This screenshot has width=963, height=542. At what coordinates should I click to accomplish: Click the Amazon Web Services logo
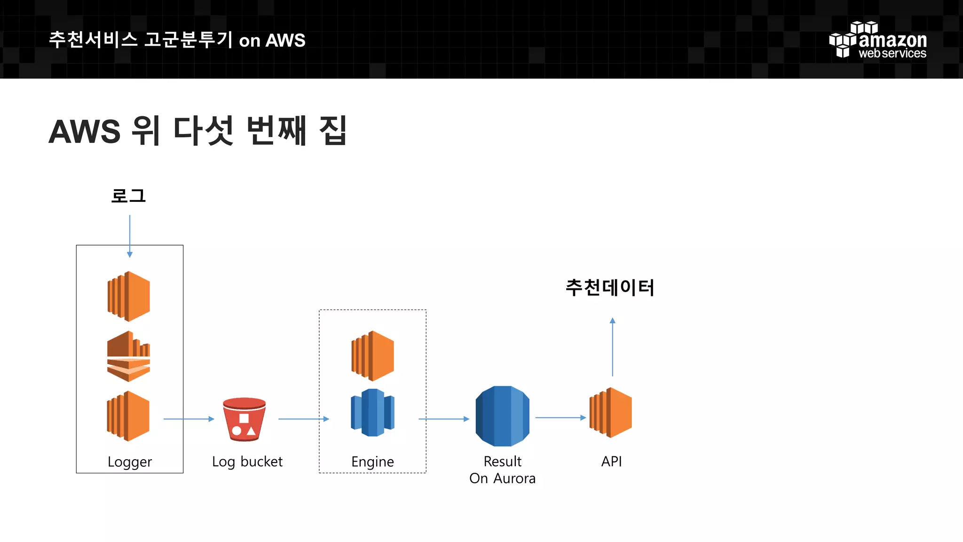[x=877, y=40]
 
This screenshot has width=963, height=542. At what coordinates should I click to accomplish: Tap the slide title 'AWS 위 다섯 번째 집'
[x=197, y=131]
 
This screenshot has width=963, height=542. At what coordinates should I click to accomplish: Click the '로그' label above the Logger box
[x=128, y=196]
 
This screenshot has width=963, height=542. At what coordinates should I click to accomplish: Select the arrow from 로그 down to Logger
[x=130, y=236]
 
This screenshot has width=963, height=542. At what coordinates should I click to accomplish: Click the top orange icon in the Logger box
[x=129, y=296]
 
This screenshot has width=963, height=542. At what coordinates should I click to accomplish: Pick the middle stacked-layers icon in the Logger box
[x=129, y=356]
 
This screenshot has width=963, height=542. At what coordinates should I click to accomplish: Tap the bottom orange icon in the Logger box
[x=128, y=416]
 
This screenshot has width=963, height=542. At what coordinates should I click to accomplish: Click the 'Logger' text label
[x=130, y=462]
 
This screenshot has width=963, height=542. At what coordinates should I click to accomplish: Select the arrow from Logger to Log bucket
[x=189, y=419]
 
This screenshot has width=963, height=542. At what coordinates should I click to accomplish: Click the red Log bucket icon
[x=245, y=419]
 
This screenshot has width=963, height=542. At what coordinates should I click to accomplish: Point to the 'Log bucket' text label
[x=247, y=462]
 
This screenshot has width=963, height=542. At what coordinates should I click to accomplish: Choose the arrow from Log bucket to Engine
[x=303, y=419]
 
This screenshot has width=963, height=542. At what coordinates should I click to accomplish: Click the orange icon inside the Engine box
[x=373, y=356]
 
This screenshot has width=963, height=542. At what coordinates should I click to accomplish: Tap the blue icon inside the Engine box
[x=373, y=413]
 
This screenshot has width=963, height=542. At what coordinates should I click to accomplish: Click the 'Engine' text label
[x=372, y=462]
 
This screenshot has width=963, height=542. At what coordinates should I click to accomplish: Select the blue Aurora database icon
[x=502, y=416]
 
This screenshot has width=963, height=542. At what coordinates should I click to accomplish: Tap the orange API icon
[x=611, y=413]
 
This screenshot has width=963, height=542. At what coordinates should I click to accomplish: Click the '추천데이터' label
[x=610, y=287]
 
